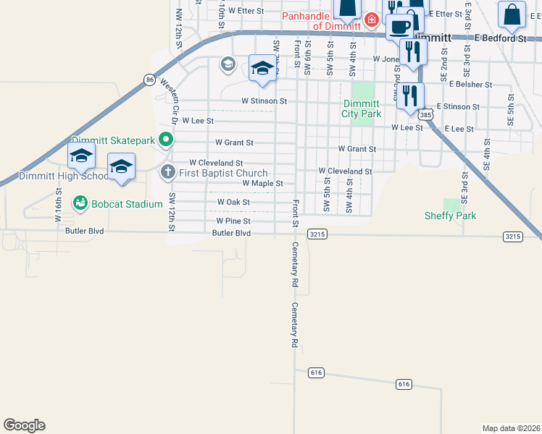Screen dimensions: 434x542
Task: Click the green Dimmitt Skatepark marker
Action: (x=166, y=140)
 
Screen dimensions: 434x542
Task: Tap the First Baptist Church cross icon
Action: (x=167, y=173)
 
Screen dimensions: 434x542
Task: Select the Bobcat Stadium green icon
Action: (x=80, y=204)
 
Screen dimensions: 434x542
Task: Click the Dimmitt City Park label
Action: (x=362, y=109)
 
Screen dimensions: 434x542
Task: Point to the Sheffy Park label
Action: (x=450, y=216)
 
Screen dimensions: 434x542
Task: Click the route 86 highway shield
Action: (x=149, y=80)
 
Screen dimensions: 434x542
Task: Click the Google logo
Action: (x=24, y=425)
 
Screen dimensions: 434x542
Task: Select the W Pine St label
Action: (x=233, y=221)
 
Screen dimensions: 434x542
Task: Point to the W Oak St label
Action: (x=233, y=203)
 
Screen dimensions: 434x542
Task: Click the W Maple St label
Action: (x=262, y=184)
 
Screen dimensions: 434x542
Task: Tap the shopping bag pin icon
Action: (x=512, y=14)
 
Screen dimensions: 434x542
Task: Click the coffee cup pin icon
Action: (x=399, y=27)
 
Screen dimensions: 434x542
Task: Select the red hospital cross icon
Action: (x=371, y=19)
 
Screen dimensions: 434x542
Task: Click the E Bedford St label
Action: (x=501, y=38)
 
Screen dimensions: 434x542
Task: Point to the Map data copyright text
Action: (x=511, y=428)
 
